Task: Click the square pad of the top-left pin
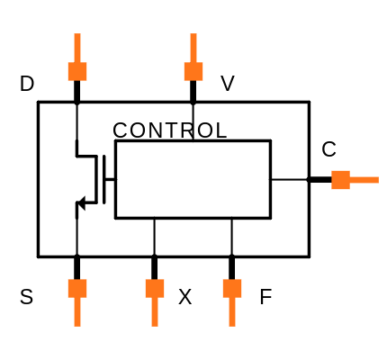coord(77,72)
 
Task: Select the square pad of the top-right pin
coord(193,72)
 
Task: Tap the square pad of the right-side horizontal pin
coord(340,180)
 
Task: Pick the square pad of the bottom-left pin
coord(77,288)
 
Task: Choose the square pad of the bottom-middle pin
coord(155,288)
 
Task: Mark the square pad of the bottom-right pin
coord(232,288)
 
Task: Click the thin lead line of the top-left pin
coord(77,48)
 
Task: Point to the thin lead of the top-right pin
coord(193,48)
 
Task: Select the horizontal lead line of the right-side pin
coord(364,180)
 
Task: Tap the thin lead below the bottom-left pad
coord(77,312)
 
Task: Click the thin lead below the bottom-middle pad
coord(155,312)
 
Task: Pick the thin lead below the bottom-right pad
coord(232,312)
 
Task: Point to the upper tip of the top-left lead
coord(77,35)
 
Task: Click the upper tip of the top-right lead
coord(193,35)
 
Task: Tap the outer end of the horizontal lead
coord(377,180)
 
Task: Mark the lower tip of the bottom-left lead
coord(77,325)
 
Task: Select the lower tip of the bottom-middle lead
coord(155,325)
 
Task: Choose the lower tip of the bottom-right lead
coord(232,325)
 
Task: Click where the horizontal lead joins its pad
coord(350,180)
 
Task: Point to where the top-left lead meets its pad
coord(77,62)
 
